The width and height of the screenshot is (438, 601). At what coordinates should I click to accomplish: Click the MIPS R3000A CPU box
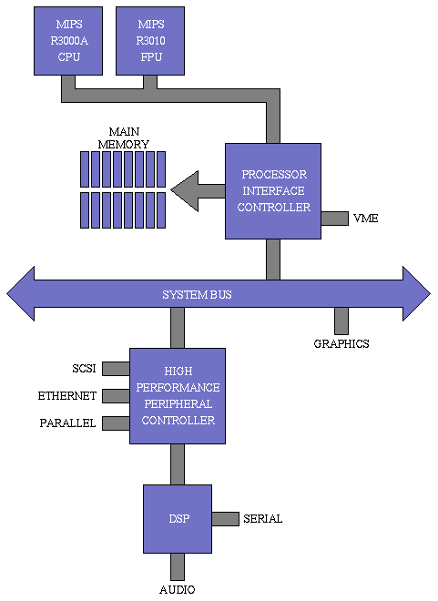click(x=67, y=40)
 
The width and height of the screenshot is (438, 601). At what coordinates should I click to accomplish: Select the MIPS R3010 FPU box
click(x=149, y=40)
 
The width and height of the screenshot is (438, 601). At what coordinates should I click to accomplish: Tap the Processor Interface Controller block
click(x=273, y=190)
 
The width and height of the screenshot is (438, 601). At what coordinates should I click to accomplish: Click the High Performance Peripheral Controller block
click(x=177, y=396)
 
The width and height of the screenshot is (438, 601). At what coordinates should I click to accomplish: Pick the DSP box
click(x=178, y=518)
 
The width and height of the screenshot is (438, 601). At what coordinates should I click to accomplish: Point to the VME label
click(x=365, y=219)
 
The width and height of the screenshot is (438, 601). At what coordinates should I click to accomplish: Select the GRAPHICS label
click(x=341, y=343)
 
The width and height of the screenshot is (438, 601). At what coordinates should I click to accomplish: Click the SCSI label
click(x=84, y=369)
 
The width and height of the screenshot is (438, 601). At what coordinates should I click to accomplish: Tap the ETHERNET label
click(x=66, y=396)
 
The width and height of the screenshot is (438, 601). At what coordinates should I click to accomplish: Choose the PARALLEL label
click(x=68, y=423)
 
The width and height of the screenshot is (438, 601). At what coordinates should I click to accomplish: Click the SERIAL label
click(x=262, y=519)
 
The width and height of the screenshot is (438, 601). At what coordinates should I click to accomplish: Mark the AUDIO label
click(x=177, y=589)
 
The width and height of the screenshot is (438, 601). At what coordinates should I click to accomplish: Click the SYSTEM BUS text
click(x=197, y=294)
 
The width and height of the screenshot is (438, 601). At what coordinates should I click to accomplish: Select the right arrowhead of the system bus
click(x=416, y=294)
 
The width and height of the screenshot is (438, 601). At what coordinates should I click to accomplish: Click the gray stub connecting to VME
click(x=334, y=219)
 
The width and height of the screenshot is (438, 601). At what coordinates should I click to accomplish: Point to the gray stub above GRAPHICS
click(x=341, y=321)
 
